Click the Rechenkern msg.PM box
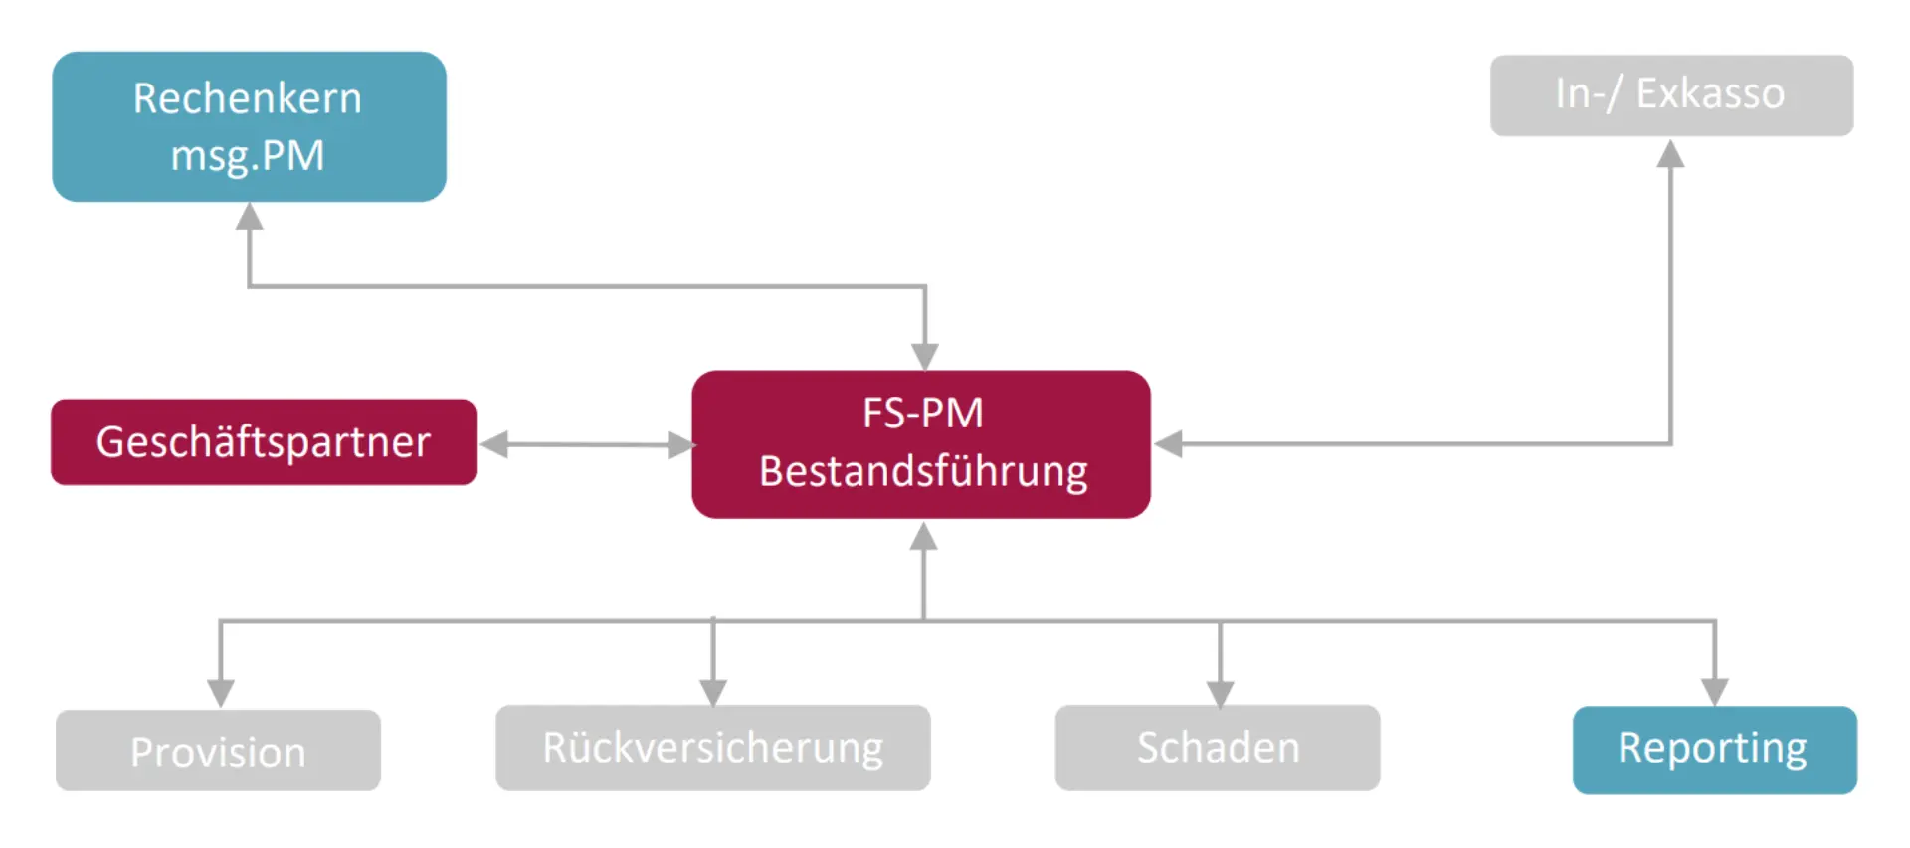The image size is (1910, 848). coord(249,126)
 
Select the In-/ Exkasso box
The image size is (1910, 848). coord(1671,94)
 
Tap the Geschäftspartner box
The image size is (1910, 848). coord(264,442)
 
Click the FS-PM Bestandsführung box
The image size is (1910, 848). coord(921,443)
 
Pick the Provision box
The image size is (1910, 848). coord(218,751)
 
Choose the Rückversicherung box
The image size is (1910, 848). coord(712,748)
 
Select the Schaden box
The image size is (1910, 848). coord(1218,748)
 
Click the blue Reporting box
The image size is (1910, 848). coord(1714,750)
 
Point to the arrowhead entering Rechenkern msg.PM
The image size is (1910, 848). coord(249,217)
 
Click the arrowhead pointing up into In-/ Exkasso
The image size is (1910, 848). coord(1670,154)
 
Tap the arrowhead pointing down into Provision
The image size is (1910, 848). coord(220,692)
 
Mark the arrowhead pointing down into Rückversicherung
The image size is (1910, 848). coord(712,691)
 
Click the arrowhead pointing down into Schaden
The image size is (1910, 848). coord(1220,692)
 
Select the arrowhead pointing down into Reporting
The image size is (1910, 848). coord(1714,691)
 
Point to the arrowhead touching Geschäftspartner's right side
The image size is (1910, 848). coord(495,444)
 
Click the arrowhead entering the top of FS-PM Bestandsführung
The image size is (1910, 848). coord(925,356)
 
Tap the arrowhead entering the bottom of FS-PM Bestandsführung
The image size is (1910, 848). coord(924,536)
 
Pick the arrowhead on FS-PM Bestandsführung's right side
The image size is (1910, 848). coord(1169,444)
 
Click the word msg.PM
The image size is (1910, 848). coord(248,156)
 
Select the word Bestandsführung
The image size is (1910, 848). coord(923,471)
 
